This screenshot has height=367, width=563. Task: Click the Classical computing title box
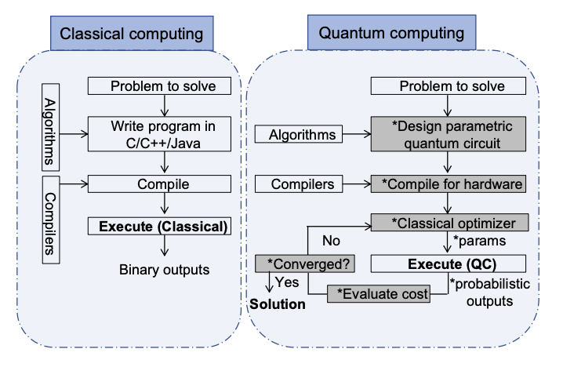coord(132,35)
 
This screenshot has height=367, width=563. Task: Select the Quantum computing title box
coord(391,34)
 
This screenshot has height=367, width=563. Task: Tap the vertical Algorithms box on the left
coord(49,126)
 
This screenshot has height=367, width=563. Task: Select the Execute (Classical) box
coord(162,227)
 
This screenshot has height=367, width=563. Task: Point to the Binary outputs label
coord(164,270)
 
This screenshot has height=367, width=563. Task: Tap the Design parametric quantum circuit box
coord(448,134)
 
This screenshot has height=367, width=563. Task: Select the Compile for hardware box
coord(448,184)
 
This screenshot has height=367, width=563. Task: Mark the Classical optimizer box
coord(448,223)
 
